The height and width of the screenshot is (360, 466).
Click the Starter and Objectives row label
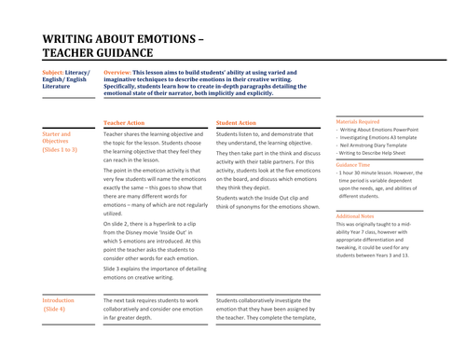(58, 139)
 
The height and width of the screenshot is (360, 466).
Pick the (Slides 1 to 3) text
(61, 149)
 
